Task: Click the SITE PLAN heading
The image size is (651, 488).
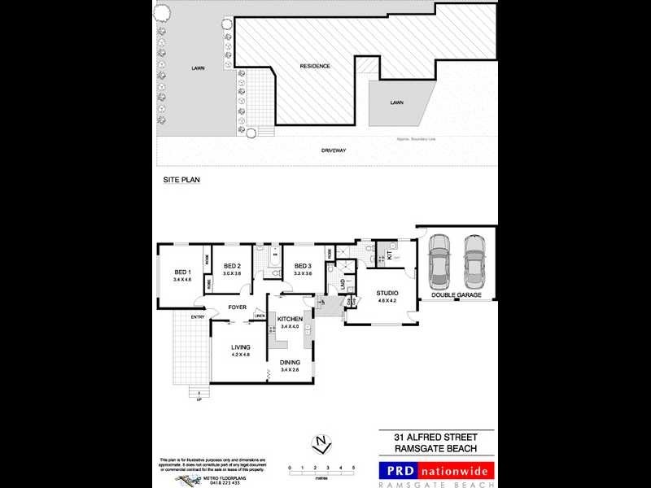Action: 177,178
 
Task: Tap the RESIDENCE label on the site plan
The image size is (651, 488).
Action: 316,66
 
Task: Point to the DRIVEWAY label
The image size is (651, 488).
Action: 334,150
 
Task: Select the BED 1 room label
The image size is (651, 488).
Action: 182,272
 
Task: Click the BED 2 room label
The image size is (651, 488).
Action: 233,266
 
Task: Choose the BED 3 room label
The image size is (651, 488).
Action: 303,266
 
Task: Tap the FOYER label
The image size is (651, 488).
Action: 237,307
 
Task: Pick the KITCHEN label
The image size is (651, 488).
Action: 291,319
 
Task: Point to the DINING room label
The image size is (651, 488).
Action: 291,363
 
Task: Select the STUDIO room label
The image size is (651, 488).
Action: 387,293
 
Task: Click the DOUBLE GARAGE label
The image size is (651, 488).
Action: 457,295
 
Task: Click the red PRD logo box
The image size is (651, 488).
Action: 400,469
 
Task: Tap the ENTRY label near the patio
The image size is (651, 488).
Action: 198,317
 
